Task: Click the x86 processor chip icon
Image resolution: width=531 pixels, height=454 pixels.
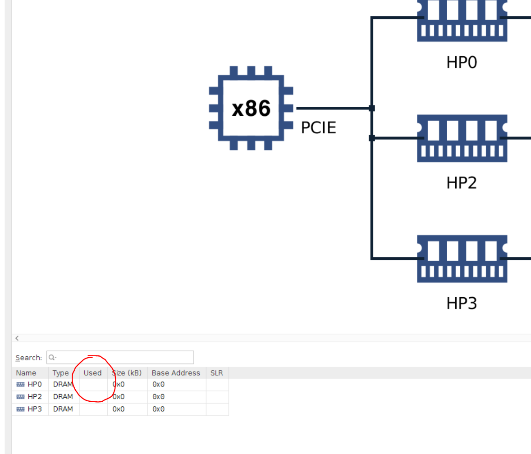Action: tap(251, 108)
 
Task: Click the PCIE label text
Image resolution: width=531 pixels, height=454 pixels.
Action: tap(318, 128)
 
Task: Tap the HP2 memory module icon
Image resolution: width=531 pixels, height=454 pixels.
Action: tap(462, 138)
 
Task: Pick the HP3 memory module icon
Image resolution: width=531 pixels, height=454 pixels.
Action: tap(462, 259)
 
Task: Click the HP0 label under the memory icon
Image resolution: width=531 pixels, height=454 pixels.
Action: tap(462, 63)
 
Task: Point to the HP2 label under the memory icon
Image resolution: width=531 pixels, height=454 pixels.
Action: tap(462, 183)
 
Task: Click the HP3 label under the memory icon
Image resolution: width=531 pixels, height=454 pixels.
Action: tap(462, 303)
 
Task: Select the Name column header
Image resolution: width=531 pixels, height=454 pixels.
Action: tap(26, 373)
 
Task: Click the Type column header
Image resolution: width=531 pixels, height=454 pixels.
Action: tap(60, 373)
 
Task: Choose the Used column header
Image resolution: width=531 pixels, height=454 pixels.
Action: tap(92, 373)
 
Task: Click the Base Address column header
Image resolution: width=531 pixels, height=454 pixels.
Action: tap(176, 373)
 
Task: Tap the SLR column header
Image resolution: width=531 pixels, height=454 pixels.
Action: tap(216, 373)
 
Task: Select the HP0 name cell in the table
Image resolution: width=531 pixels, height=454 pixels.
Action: tap(34, 385)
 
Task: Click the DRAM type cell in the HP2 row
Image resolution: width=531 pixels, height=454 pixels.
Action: tap(63, 397)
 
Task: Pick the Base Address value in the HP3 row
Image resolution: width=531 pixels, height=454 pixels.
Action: tap(158, 409)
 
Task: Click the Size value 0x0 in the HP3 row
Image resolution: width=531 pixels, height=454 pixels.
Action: tap(119, 409)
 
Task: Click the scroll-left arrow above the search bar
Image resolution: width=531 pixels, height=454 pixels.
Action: tap(17, 338)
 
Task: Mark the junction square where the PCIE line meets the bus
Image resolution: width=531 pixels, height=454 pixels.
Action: tap(372, 108)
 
